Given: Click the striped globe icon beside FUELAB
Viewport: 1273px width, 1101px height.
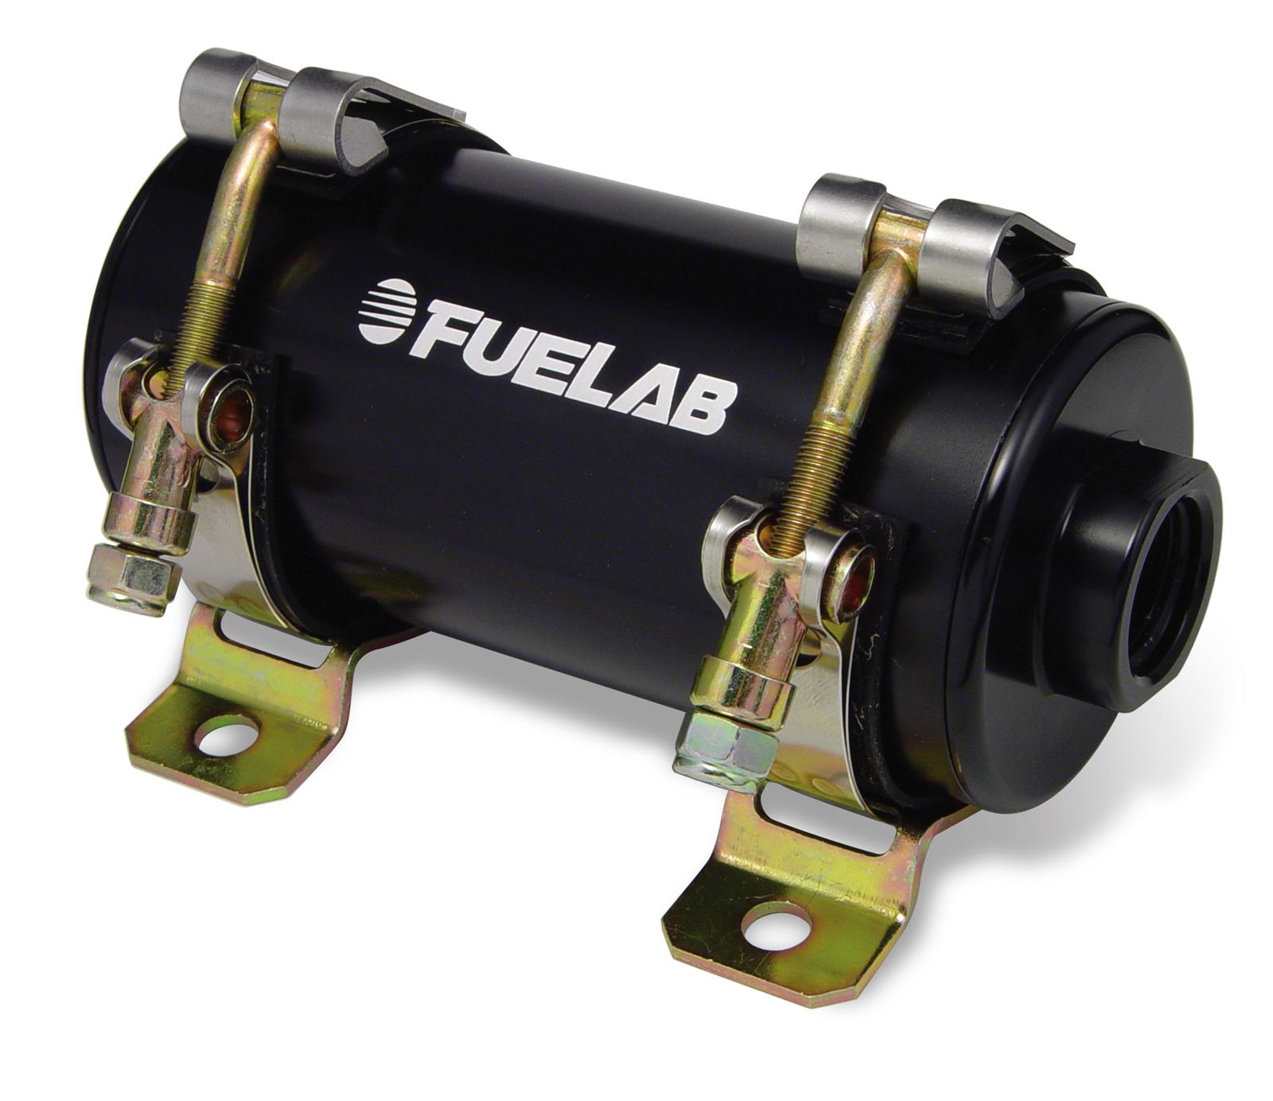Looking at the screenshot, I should click(385, 307).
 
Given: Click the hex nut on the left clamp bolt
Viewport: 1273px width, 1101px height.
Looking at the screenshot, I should click(130, 574).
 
